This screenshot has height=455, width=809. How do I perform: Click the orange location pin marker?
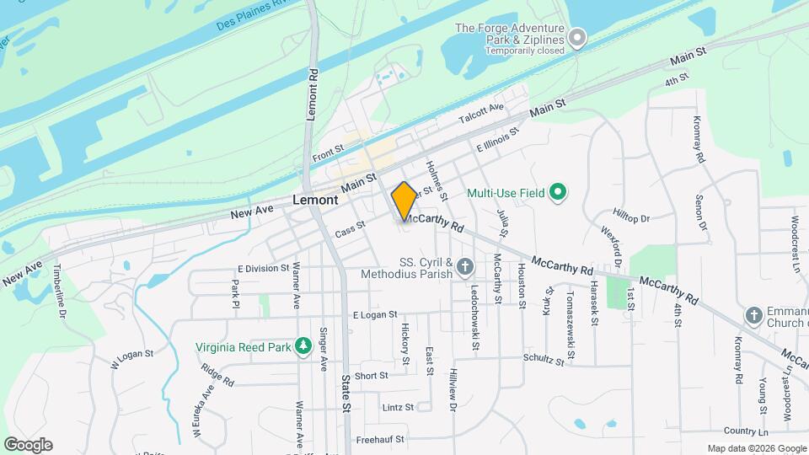click(404, 201)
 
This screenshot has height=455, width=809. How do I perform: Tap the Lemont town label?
click(315, 201)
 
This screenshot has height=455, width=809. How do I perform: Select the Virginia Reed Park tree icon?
click(303, 346)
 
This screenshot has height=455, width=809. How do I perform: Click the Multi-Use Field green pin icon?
click(557, 193)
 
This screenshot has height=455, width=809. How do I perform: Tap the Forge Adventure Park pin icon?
click(576, 37)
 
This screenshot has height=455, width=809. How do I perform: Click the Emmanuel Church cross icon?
click(754, 317)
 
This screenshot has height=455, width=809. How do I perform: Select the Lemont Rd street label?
click(313, 94)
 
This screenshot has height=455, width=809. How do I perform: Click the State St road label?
click(346, 393)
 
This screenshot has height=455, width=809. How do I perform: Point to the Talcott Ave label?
click(480, 114)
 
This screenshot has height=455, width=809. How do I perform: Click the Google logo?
click(28, 444)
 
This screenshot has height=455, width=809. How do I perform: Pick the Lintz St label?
click(398, 407)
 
